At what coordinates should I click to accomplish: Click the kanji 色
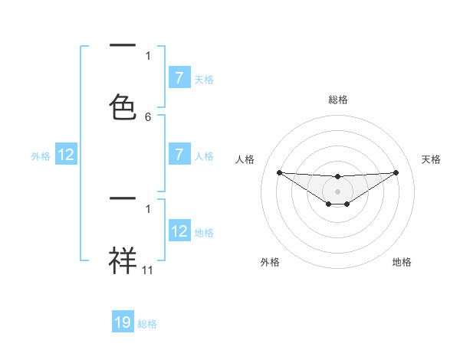point(123,107)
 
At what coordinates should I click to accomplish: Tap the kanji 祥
point(123,260)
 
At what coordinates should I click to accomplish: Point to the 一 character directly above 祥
point(123,198)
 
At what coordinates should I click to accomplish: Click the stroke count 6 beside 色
point(148,117)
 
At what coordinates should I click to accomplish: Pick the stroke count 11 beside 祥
point(148,270)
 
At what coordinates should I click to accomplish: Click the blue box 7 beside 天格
point(179,78)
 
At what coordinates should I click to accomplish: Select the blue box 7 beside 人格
point(179,155)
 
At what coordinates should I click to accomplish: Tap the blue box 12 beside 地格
point(179,231)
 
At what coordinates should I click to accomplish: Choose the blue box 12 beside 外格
point(66,155)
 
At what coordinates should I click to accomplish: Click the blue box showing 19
point(123,322)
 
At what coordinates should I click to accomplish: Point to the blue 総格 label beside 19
point(148,324)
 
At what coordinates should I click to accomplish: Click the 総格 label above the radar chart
point(338,100)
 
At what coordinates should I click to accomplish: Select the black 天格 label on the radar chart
point(431,159)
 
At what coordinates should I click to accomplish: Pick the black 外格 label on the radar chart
point(270,262)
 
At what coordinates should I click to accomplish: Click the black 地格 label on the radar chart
point(402,262)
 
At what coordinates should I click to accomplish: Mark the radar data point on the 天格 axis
point(396,172)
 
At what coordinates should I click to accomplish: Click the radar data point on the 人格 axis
point(279,172)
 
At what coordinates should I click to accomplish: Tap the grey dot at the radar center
point(337,191)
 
